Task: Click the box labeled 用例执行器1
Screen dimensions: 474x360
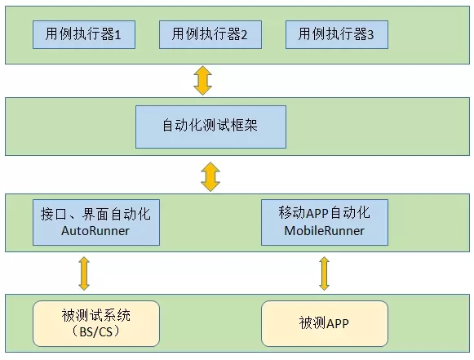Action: pos(84,34)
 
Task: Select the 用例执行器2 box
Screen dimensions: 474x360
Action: pos(210,34)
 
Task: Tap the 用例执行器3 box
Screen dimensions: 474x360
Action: pos(337,34)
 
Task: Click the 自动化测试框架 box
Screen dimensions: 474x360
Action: pos(210,127)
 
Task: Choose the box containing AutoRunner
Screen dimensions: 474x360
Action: pos(96,222)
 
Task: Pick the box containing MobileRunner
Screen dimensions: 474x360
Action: pos(325,222)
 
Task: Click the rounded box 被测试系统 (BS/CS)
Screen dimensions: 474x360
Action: pos(96,323)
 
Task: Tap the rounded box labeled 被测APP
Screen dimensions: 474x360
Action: pos(325,323)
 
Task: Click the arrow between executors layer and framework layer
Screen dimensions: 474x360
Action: pos(202,81)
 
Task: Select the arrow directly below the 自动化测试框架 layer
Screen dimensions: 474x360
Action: pos(210,176)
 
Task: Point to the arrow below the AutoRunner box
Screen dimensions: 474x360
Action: pos(84,273)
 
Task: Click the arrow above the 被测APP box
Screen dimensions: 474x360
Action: pos(325,273)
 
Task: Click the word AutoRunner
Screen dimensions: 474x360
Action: pos(95,231)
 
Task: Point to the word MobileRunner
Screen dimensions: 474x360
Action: pos(325,231)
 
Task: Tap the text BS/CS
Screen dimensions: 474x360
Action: pos(96,332)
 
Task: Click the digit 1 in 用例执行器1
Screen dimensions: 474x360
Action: pos(117,35)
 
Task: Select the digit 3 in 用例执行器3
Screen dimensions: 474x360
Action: pos(370,35)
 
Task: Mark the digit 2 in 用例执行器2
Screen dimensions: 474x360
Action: pos(244,35)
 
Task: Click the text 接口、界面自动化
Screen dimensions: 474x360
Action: pos(95,214)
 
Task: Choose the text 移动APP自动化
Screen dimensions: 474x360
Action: pos(325,212)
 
